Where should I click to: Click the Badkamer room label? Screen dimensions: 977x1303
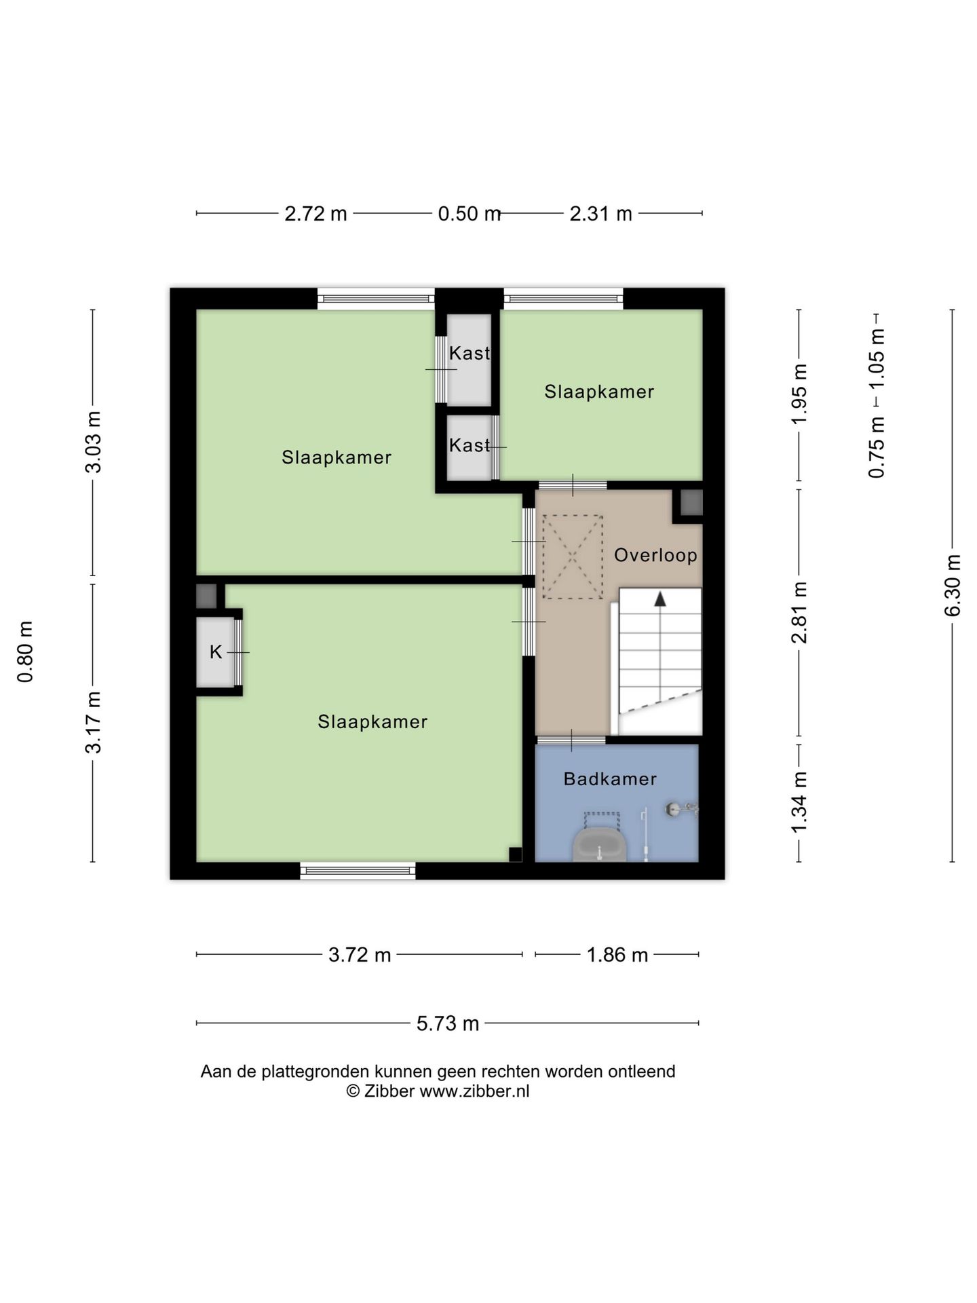(610, 778)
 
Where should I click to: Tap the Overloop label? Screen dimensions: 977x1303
(655, 555)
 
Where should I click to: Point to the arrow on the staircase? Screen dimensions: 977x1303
(659, 599)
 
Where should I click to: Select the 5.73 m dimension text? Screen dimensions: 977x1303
(448, 1023)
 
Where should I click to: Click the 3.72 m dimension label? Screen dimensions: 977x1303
(360, 955)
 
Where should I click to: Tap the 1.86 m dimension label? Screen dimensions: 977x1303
(617, 955)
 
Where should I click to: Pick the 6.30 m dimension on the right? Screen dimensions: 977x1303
(953, 586)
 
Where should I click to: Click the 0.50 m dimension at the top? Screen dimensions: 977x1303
(469, 214)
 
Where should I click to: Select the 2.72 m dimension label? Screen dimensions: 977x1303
(315, 214)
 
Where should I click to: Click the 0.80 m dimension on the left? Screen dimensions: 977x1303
(25, 651)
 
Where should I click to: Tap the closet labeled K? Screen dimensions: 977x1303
(215, 652)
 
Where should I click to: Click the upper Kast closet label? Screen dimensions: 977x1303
(470, 353)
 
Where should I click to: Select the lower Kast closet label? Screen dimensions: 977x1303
(470, 445)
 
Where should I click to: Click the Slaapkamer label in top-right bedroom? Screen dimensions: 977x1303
(599, 392)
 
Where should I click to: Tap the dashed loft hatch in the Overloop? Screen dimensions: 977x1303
(573, 557)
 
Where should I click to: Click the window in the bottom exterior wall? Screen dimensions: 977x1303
(358, 871)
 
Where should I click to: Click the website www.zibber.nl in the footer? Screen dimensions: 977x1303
(474, 1091)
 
